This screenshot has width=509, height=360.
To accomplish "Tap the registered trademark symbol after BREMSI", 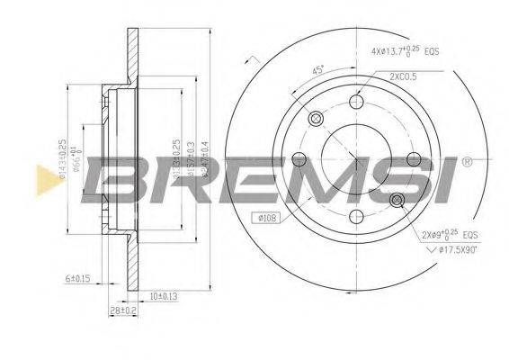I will click(x=468, y=163).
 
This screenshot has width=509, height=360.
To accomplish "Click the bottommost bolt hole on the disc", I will click(x=356, y=216).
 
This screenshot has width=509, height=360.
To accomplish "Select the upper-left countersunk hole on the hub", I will click(x=315, y=120).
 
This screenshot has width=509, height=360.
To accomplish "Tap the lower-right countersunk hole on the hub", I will click(x=397, y=201).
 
